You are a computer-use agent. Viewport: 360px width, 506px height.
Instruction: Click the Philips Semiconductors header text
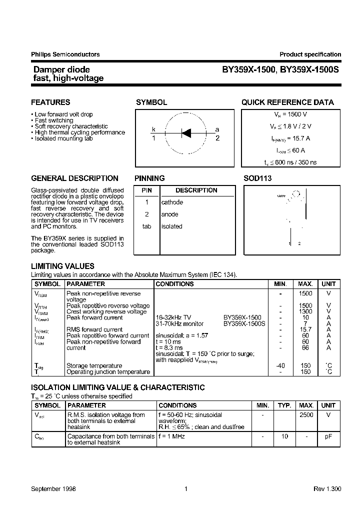pos(65,54)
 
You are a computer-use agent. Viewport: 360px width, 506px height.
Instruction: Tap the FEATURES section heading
pos(50,102)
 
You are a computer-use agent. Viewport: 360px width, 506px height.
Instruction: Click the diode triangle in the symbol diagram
pos(186,133)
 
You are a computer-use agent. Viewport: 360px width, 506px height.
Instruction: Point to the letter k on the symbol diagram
pos(154,129)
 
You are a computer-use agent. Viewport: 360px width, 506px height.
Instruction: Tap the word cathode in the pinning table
pos(172,202)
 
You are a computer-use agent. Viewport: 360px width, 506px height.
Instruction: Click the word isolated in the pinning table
pos(171,226)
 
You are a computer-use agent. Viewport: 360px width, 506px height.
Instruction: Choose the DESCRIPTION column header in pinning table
pos(196,190)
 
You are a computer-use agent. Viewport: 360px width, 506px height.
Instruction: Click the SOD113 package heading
pos(257,178)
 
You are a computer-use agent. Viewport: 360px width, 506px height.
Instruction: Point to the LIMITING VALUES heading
pos(62,266)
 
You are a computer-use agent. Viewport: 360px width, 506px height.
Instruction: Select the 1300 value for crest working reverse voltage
pos(305,311)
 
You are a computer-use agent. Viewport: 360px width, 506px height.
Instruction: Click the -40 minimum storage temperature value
pos(280,365)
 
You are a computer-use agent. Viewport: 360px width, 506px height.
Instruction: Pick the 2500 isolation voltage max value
pos(306,415)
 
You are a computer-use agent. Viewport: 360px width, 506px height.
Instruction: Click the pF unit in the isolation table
pos(328,436)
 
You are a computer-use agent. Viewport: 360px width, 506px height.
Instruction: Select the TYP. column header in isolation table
pos(284,405)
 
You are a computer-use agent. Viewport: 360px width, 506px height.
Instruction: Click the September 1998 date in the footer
pos(53,489)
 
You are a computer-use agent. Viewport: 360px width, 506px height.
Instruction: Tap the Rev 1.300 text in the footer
pos(327,489)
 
